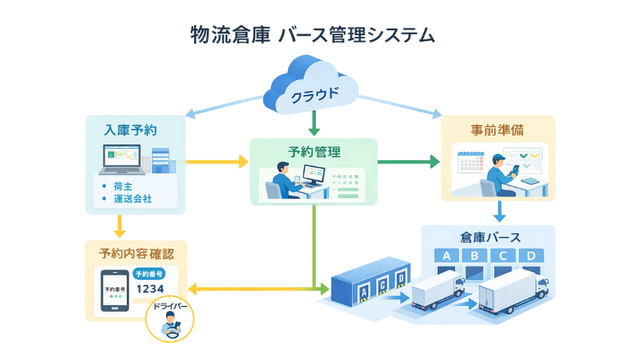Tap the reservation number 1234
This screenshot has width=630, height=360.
(x=151, y=289)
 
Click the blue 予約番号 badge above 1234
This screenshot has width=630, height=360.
(x=151, y=273)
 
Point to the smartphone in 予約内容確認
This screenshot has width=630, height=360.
(x=113, y=290)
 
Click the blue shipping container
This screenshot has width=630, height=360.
(x=368, y=286)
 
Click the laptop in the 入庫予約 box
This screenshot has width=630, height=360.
(x=120, y=160)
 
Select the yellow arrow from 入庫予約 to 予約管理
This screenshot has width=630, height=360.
(x=217, y=162)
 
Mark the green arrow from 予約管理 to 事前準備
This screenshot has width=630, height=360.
(x=408, y=162)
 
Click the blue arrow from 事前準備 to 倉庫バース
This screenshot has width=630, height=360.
(x=498, y=212)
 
